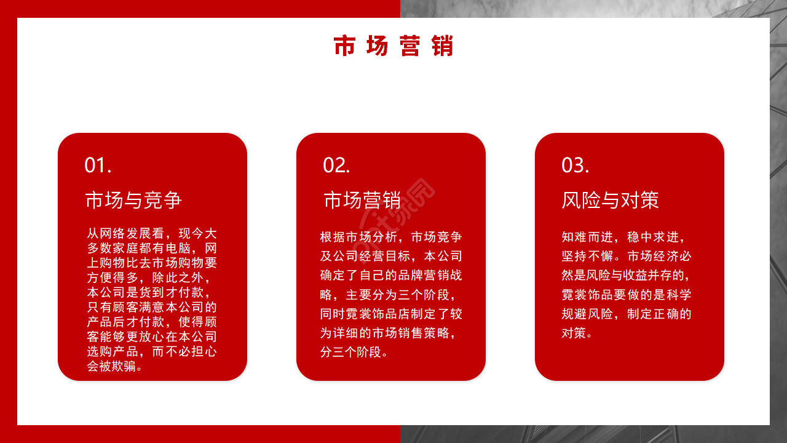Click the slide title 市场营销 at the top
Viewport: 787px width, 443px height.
tap(393, 47)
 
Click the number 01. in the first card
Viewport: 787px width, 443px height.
tap(98, 165)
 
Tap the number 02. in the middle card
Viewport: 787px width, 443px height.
tap(336, 165)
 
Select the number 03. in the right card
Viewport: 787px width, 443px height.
tap(575, 165)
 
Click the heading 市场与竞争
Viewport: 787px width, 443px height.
tap(133, 201)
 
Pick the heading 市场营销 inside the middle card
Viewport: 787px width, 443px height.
tap(362, 201)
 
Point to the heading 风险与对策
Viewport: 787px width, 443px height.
tap(610, 201)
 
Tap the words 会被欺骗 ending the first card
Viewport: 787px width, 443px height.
tap(114, 367)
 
